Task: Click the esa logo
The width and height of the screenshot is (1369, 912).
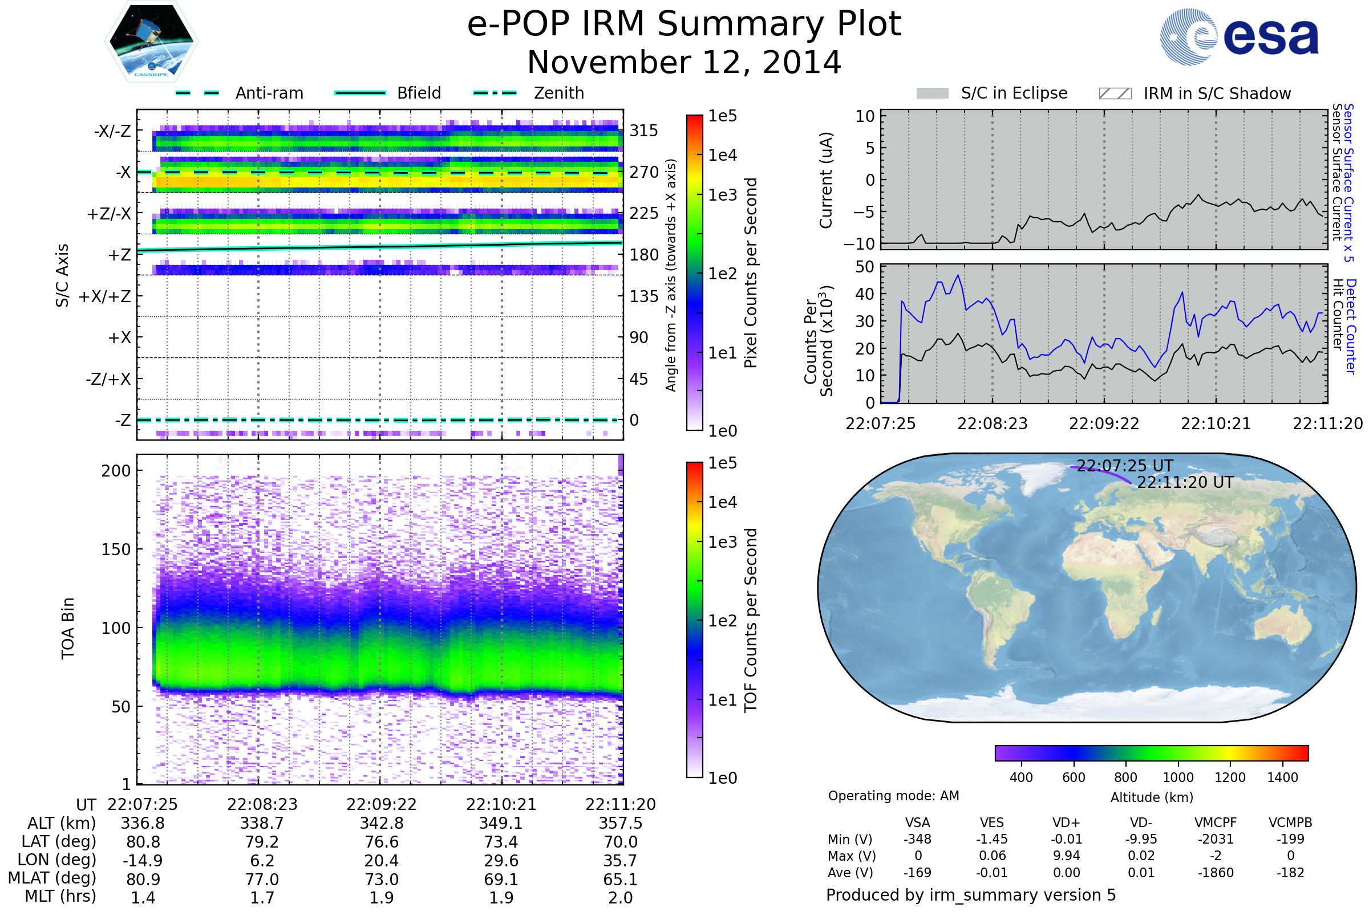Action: click(x=1239, y=36)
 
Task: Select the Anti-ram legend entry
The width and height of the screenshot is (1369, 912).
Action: click(x=239, y=93)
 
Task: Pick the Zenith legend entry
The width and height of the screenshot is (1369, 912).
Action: click(x=529, y=93)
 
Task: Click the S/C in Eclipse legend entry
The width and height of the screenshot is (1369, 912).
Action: click(x=992, y=93)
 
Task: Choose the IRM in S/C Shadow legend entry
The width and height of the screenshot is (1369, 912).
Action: click(x=1195, y=93)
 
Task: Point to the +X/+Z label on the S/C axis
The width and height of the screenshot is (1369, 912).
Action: click(x=105, y=296)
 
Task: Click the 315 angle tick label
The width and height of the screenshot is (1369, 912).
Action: click(x=644, y=131)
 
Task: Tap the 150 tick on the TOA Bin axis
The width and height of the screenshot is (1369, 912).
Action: click(x=116, y=549)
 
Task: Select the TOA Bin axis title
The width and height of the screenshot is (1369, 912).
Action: click(x=67, y=628)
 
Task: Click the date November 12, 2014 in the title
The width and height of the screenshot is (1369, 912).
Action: click(x=684, y=62)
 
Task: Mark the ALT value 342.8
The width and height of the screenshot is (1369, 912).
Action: click(x=382, y=823)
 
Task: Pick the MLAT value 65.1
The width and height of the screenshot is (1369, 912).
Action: click(x=621, y=879)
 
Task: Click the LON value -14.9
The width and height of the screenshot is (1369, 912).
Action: click(x=143, y=860)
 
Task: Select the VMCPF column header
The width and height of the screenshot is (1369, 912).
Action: click(x=1216, y=823)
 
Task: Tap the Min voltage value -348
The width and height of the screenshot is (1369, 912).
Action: click(x=917, y=838)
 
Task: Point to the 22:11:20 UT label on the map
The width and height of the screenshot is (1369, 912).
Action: click(x=1185, y=482)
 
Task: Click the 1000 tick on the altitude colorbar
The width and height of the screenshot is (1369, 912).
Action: click(x=1178, y=777)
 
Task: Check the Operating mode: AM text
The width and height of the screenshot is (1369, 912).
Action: click(x=893, y=796)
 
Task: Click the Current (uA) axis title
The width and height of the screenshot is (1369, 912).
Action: click(x=826, y=180)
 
